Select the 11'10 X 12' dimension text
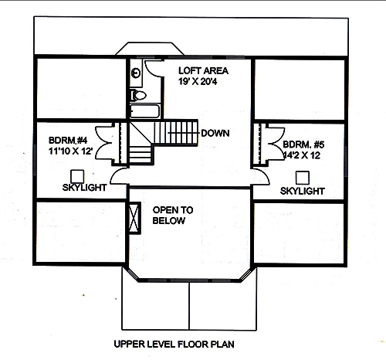[x=69, y=151]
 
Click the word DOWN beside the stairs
[x=215, y=133]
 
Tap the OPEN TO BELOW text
[x=172, y=216]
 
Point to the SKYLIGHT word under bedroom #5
[x=302, y=190]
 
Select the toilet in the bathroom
[x=138, y=95]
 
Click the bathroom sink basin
[x=136, y=73]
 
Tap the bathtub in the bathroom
[x=144, y=112]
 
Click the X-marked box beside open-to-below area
[x=134, y=217]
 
